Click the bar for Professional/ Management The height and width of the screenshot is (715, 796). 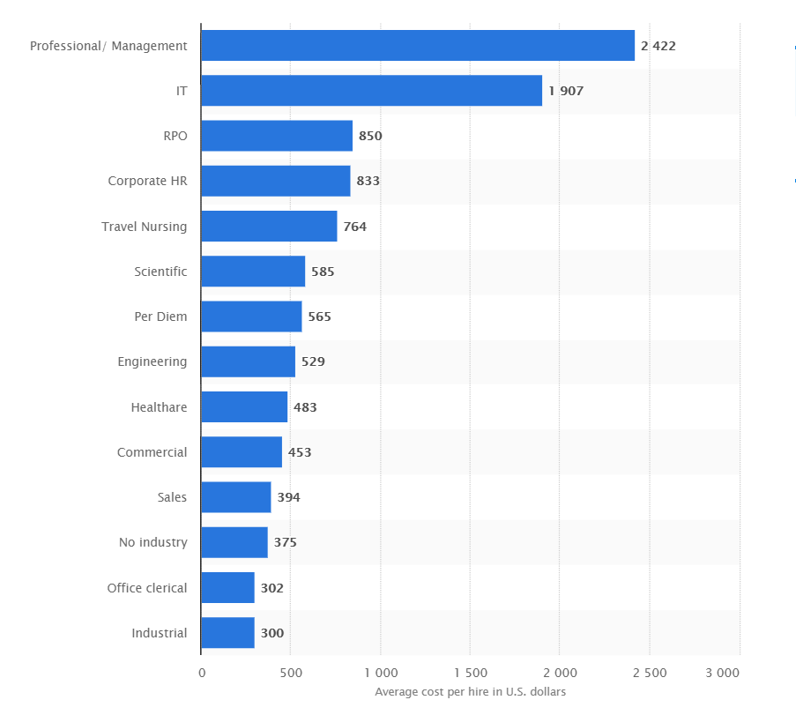click(418, 46)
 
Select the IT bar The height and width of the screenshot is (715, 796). click(371, 91)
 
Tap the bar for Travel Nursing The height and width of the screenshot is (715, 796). click(269, 227)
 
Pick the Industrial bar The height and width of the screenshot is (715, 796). click(227, 633)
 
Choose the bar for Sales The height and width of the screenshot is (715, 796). click(235, 497)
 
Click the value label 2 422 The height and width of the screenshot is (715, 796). click(658, 46)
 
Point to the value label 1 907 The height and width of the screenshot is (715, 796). click(566, 91)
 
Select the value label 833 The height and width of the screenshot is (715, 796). click(368, 181)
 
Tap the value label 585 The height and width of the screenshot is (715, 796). click(323, 272)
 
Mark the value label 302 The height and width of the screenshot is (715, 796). click(272, 588)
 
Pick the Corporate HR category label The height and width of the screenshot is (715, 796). click(147, 181)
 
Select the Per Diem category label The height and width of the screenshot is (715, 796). click(160, 317)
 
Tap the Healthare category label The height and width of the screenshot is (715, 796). click(159, 407)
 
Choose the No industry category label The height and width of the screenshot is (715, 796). click(153, 542)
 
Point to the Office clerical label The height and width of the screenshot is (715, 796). click(147, 588)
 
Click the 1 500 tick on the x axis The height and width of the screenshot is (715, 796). click(470, 673)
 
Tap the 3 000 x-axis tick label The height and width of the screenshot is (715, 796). click(722, 673)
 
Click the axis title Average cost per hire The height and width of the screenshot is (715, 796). click(470, 692)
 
